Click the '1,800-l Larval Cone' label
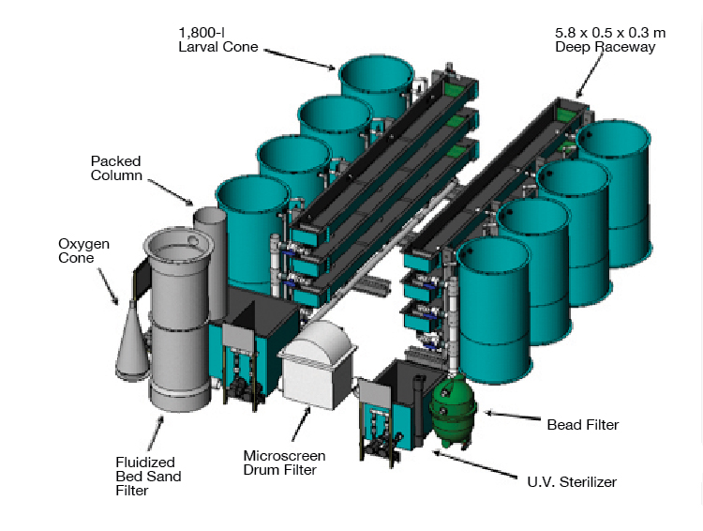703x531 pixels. (217, 38)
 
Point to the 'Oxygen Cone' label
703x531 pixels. (83, 250)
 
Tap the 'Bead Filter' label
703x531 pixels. (582, 425)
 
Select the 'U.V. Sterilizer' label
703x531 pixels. (572, 482)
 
